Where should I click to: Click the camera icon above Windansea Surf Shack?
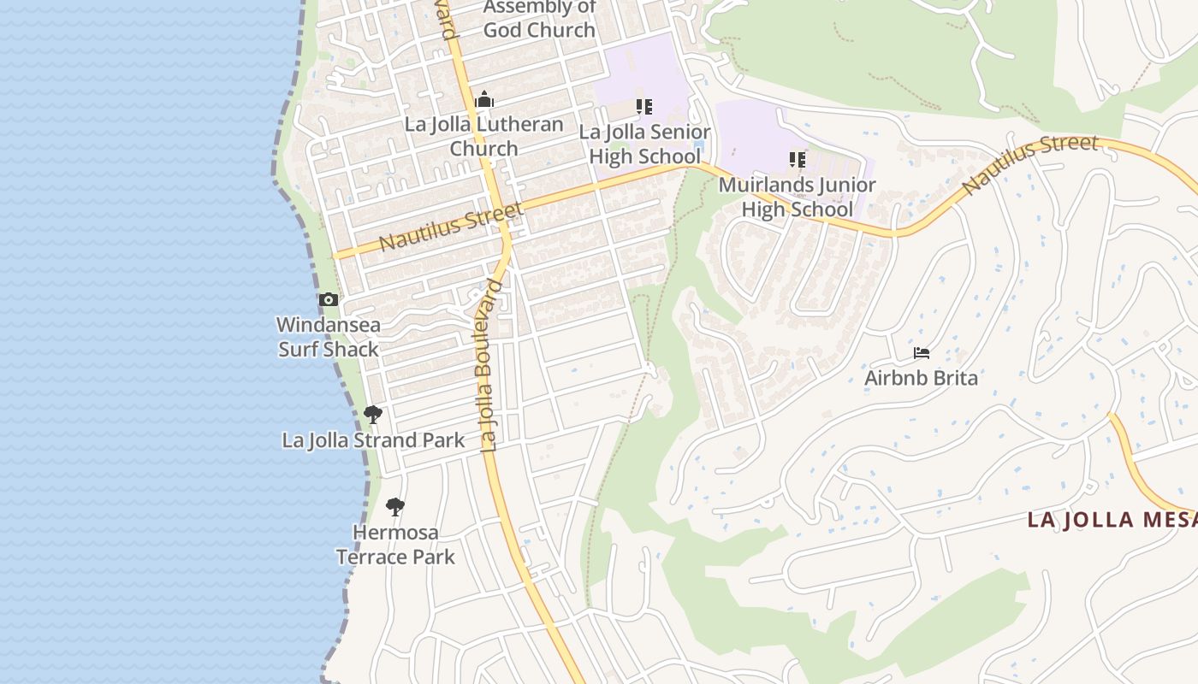329,300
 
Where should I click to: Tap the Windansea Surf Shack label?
329,337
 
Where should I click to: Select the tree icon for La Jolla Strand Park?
372,415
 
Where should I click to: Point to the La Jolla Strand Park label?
373,440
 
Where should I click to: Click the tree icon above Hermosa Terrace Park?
394,507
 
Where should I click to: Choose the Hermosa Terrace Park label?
395,545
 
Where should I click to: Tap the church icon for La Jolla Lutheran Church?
484,100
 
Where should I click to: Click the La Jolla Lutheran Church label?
484,136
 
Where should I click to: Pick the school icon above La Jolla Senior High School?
644,107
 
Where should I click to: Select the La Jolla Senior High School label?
644,144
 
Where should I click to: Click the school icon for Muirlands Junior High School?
798,160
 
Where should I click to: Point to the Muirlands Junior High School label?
798,198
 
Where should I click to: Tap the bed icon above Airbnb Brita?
922,352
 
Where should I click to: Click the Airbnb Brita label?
921,378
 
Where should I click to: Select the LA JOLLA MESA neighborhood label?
1112,520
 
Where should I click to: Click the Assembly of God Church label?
539,19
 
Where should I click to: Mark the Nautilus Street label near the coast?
450,227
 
